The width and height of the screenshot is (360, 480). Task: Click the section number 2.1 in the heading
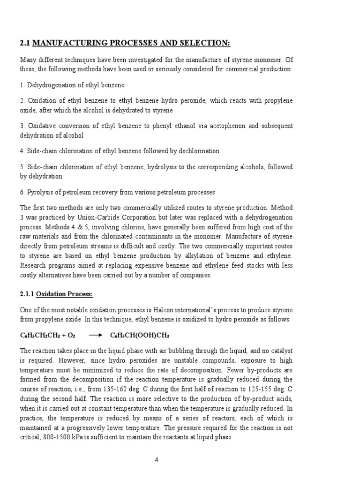pos(25,44)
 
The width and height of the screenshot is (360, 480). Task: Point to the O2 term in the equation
pos(70,336)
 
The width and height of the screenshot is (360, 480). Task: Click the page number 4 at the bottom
pos(157,460)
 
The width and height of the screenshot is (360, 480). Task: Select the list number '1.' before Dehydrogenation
pos(22,85)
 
